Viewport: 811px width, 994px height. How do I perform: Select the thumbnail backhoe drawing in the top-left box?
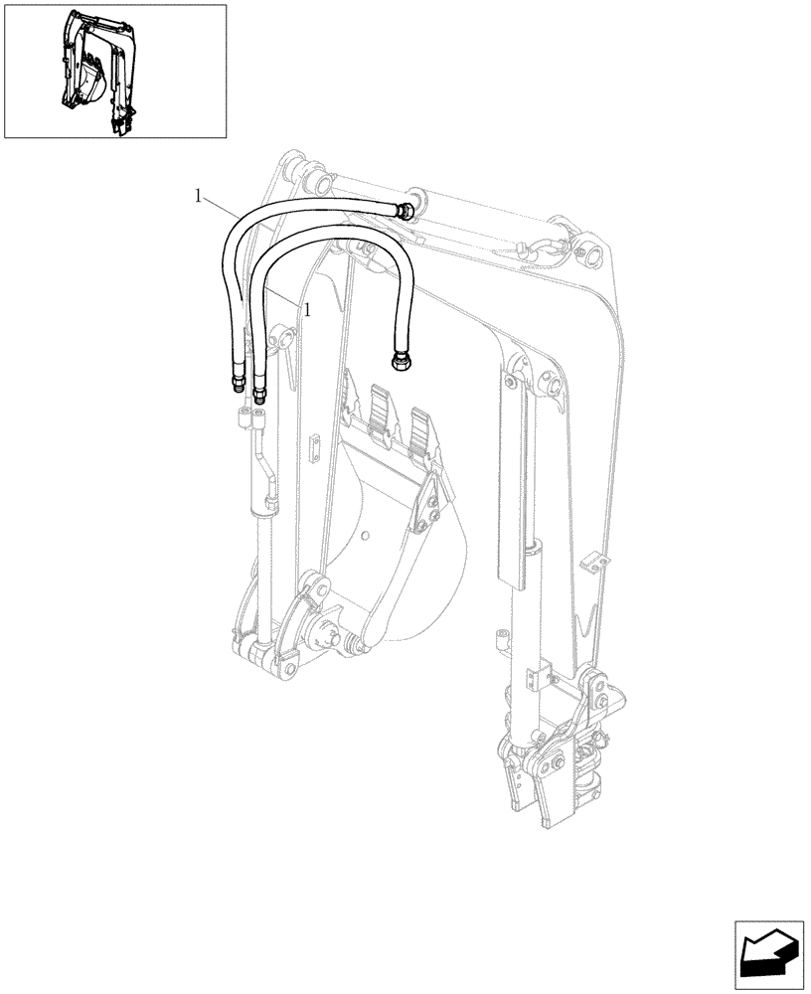(x=97, y=71)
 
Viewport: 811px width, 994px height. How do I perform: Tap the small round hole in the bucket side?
(x=367, y=538)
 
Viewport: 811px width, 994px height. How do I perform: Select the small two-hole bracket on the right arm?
(x=589, y=564)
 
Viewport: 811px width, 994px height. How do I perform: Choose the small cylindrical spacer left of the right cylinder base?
(x=500, y=638)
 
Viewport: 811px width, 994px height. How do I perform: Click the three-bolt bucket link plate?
(x=427, y=508)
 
